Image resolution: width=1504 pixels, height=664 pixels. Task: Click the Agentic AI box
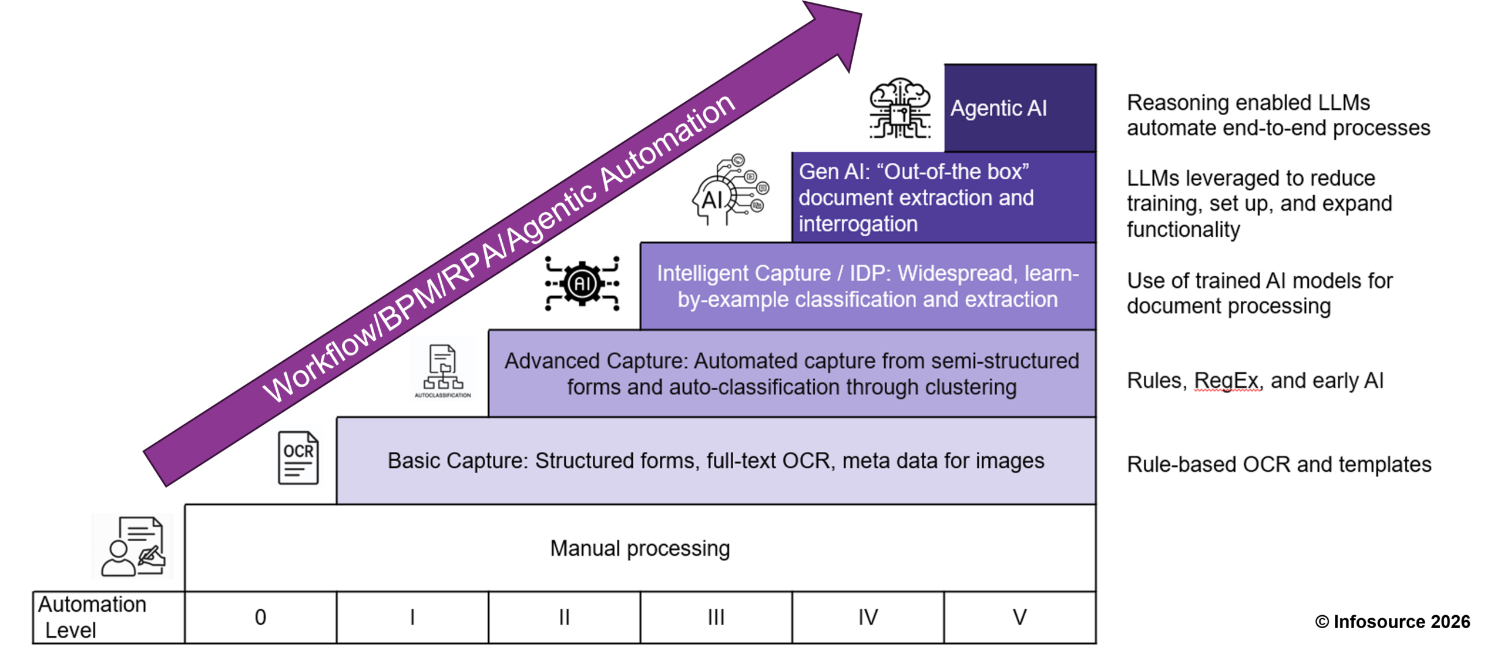pyautogui.click(x=1020, y=108)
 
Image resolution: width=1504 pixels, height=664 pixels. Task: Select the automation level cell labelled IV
pyautogui.click(x=868, y=617)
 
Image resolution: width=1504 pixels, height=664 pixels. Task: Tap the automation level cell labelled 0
pyautogui.click(x=260, y=617)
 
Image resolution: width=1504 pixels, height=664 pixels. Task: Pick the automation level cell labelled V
pyautogui.click(x=1020, y=617)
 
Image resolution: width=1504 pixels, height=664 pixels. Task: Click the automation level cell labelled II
pyautogui.click(x=564, y=617)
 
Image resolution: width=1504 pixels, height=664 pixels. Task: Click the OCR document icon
pyautogui.click(x=298, y=458)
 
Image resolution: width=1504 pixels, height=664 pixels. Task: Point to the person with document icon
pyautogui.click(x=133, y=546)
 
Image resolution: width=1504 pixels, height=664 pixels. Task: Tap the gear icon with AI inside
pyautogui.click(x=582, y=284)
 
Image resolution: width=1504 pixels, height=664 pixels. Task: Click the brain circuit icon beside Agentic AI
pyautogui.click(x=900, y=109)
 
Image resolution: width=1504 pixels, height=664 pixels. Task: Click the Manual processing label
pyautogui.click(x=640, y=548)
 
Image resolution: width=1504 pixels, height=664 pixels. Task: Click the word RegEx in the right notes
pyautogui.click(x=1227, y=381)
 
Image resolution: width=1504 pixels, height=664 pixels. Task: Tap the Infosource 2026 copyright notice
pyautogui.click(x=1392, y=622)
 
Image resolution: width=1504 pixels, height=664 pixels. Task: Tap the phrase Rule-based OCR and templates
pyautogui.click(x=1279, y=464)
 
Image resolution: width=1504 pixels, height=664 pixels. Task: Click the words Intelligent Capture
pyautogui.click(x=744, y=273)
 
